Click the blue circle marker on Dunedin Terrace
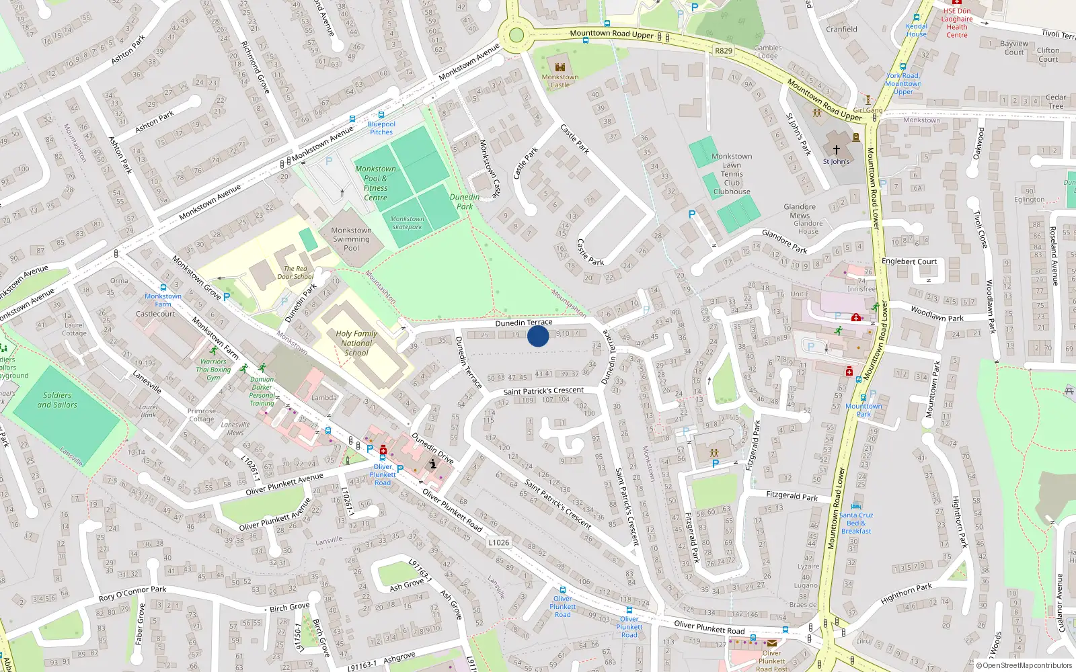coord(538,336)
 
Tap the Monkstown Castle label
coord(560,81)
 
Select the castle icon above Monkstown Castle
coord(560,66)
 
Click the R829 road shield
coord(724,51)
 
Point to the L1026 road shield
coord(499,542)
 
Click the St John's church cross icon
coord(837,150)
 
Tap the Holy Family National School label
coord(356,343)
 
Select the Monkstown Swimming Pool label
coord(351,239)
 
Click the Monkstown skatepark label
coord(407,222)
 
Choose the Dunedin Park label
coord(465,202)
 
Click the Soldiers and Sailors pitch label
coord(57,400)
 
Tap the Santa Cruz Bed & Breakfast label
coord(856,523)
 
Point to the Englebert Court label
coord(909,261)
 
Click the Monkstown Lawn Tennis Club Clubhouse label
coord(732,174)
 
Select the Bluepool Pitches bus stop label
coord(381,128)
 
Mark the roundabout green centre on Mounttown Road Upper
coord(516,35)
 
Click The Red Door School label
coord(295,272)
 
